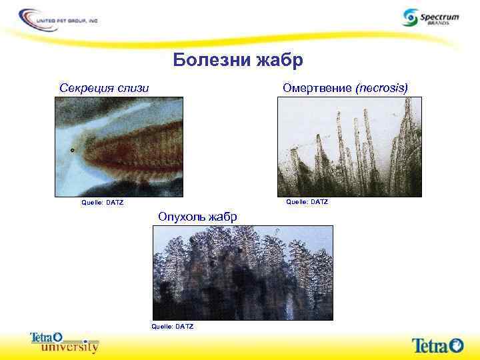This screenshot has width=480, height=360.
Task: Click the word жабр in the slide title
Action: pyautogui.click(x=279, y=61)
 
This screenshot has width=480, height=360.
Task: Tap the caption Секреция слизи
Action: pyautogui.click(x=104, y=87)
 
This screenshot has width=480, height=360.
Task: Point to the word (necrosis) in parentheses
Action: pyautogui.click(x=382, y=87)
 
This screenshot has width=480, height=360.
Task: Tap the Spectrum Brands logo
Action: pyautogui.click(x=431, y=17)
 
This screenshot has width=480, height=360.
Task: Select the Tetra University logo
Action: pyautogui.click(x=65, y=341)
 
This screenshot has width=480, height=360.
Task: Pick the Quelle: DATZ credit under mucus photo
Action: pyautogui.click(x=102, y=202)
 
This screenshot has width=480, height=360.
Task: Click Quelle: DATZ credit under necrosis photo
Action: pyautogui.click(x=307, y=201)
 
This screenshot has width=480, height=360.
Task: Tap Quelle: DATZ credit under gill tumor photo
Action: pyautogui.click(x=173, y=326)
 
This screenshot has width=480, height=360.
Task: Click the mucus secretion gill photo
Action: pyautogui.click(x=118, y=147)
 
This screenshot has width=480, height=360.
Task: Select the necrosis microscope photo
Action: pyautogui.click(x=349, y=147)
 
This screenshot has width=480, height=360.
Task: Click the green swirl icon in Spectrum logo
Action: pyautogui.click(x=410, y=16)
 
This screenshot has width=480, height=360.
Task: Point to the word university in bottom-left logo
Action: pyautogui.click(x=70, y=347)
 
